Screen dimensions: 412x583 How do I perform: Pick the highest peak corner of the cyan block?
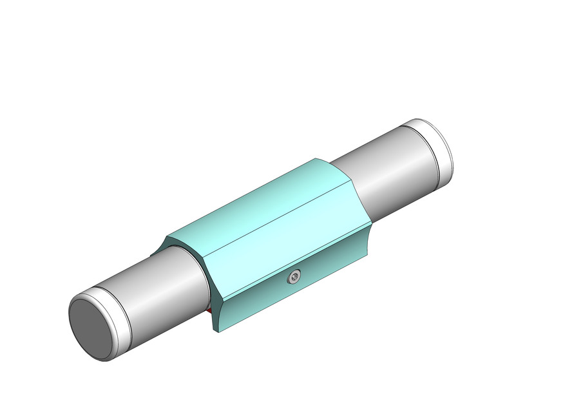(x=317, y=158)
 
